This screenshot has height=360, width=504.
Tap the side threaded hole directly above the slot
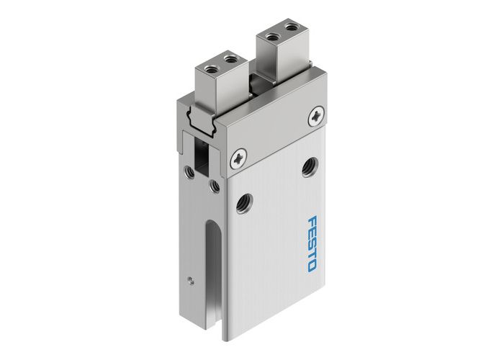tap(214, 186)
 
